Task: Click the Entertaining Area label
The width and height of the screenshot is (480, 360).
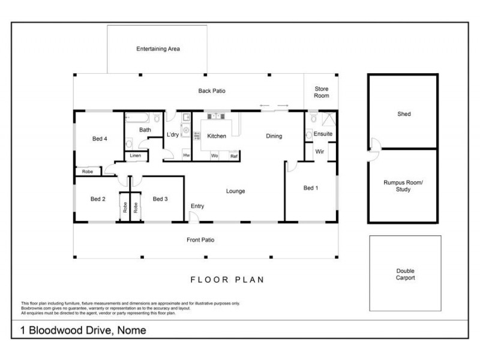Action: pos(158,49)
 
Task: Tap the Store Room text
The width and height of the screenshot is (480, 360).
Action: pos(322,92)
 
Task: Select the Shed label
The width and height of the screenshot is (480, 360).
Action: pos(404,114)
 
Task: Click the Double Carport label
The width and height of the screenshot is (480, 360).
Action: pos(405,274)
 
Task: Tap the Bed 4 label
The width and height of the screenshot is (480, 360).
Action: pos(100,139)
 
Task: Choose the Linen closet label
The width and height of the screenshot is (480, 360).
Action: pos(135,157)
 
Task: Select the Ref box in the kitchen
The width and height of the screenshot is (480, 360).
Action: pos(233,156)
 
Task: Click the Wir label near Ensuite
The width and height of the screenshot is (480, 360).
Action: pos(319,152)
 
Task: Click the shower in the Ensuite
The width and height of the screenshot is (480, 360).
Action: pos(328,118)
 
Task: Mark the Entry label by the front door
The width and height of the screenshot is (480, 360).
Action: pos(197,206)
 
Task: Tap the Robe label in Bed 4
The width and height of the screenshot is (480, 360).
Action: pos(88,172)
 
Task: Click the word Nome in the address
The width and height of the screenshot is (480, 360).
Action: pos(131,331)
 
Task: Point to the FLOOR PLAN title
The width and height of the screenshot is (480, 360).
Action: pos(227,280)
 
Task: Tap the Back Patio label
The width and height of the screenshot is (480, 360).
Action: pos(211,91)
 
